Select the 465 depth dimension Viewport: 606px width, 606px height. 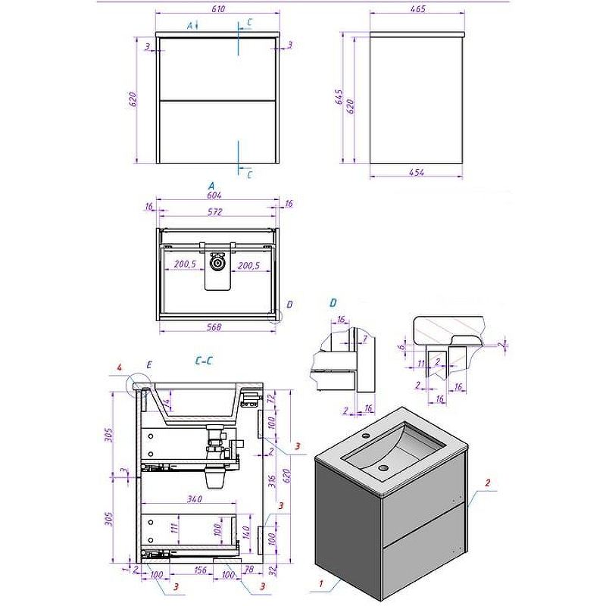point(417,9)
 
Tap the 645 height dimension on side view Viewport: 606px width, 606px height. point(340,98)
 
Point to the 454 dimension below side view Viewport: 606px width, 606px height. point(416,173)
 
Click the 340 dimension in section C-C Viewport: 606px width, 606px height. point(192,499)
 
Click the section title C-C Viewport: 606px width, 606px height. point(203,362)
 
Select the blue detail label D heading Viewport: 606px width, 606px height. point(333,303)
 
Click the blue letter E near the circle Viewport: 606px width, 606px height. point(148,365)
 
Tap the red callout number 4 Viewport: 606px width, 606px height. point(119,369)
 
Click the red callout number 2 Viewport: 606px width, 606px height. point(488,483)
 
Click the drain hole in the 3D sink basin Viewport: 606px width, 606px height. point(382,468)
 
